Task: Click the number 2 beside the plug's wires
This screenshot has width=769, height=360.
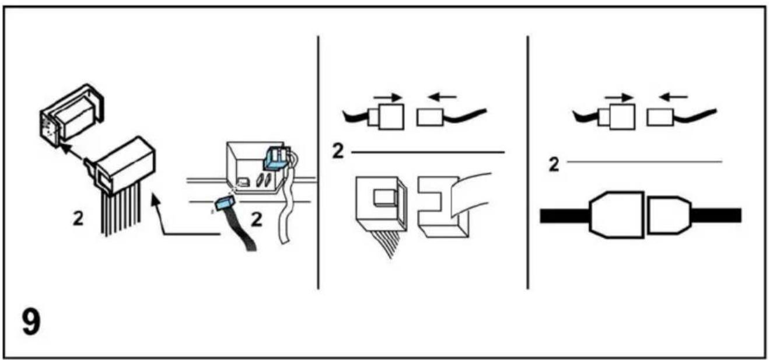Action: [x=78, y=219]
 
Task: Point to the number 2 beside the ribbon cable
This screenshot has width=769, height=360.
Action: [x=257, y=219]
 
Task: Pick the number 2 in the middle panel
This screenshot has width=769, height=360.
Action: [x=338, y=151]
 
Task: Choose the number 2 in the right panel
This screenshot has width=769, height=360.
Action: [x=554, y=165]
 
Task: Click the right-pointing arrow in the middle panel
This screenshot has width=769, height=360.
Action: [x=388, y=97]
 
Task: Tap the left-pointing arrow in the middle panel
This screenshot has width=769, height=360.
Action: [x=442, y=97]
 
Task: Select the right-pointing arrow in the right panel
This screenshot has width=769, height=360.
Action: [x=619, y=97]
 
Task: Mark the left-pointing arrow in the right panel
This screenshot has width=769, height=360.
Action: [x=673, y=97]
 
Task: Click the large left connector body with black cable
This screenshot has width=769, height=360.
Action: [x=616, y=215]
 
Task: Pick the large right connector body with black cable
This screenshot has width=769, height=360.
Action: [x=669, y=215]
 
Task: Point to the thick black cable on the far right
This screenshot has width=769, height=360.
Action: [x=716, y=215]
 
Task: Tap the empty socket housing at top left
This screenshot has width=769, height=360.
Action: [x=72, y=115]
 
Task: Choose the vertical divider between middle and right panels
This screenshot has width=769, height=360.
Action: [x=527, y=162]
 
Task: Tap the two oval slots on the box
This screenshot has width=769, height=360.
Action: [x=264, y=180]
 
